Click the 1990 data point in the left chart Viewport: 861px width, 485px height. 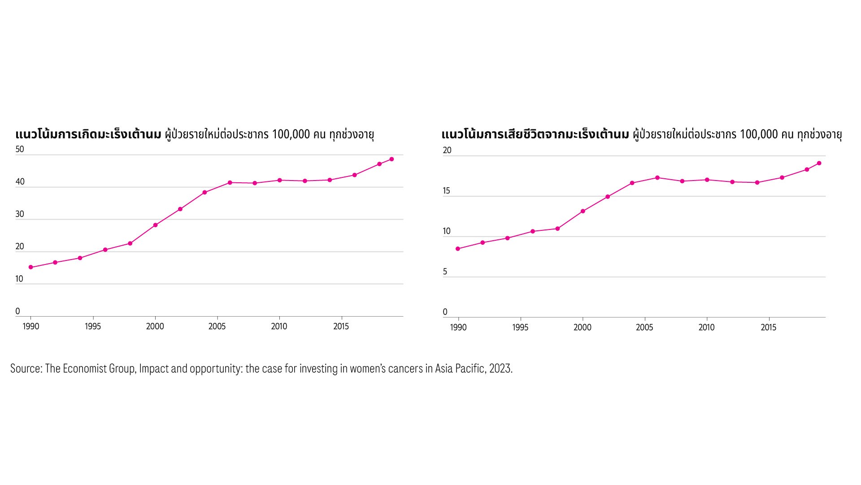[x=31, y=267]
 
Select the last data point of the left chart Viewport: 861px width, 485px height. [x=391, y=159]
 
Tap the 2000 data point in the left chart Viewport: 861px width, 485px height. [x=155, y=225]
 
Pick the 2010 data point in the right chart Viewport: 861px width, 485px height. [x=707, y=180]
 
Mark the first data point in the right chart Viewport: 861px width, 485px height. [x=458, y=249]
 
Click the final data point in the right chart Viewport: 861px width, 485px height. [x=819, y=163]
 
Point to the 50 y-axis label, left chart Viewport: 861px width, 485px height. [x=20, y=149]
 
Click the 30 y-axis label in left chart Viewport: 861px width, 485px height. [x=20, y=214]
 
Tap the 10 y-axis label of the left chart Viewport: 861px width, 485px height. [x=19, y=278]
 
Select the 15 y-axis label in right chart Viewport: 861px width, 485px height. [x=447, y=191]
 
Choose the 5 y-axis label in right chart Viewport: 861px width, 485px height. [x=445, y=272]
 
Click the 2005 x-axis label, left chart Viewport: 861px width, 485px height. [x=217, y=326]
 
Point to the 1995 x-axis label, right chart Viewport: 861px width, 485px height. [x=520, y=327]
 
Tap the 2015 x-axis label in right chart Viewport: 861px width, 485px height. [x=769, y=327]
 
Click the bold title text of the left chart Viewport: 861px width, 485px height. [x=88, y=134]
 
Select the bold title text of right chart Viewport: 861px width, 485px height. [x=535, y=134]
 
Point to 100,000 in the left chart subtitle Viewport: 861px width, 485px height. [x=291, y=134]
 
